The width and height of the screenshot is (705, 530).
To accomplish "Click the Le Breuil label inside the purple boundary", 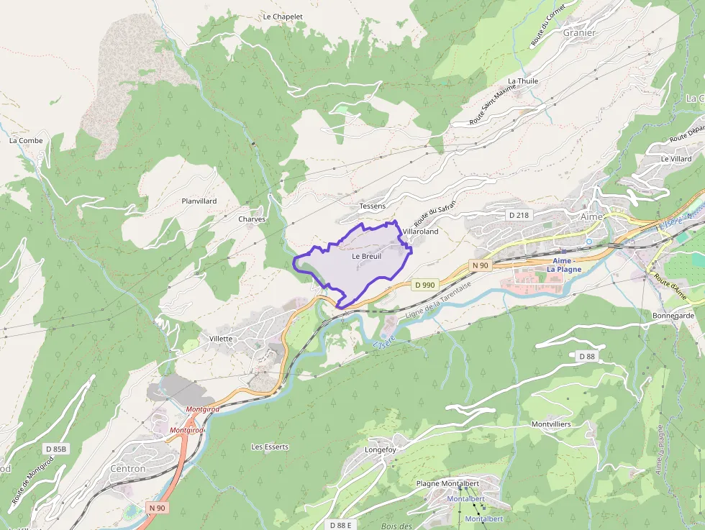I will [x=366, y=256].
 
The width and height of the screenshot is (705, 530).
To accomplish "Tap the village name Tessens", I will [x=372, y=206].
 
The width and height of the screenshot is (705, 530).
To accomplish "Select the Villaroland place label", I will [x=420, y=232].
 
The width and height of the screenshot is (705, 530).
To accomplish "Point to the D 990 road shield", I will [x=424, y=285].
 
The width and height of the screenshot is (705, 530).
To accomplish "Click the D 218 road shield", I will [x=518, y=215].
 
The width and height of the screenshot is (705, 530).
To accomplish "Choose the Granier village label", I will [x=579, y=33].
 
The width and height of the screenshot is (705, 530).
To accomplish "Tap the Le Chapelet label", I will [x=283, y=17].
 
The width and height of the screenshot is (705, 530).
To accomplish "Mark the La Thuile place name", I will [x=523, y=81].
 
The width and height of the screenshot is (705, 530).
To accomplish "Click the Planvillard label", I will [x=199, y=201].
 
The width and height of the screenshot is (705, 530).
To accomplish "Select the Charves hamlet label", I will [x=252, y=219].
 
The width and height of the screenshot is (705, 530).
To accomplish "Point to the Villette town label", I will [x=221, y=339].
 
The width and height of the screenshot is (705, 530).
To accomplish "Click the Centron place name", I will [x=128, y=469].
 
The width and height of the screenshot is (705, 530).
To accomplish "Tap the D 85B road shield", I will [x=56, y=449].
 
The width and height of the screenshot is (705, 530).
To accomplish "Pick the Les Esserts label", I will [x=270, y=447].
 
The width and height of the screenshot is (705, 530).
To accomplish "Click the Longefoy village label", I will [x=381, y=450].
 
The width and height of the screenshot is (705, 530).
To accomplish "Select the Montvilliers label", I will [x=551, y=424].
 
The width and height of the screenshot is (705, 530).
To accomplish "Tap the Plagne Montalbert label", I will [x=447, y=484].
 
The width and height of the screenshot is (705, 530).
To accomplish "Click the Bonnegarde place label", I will [x=673, y=316].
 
